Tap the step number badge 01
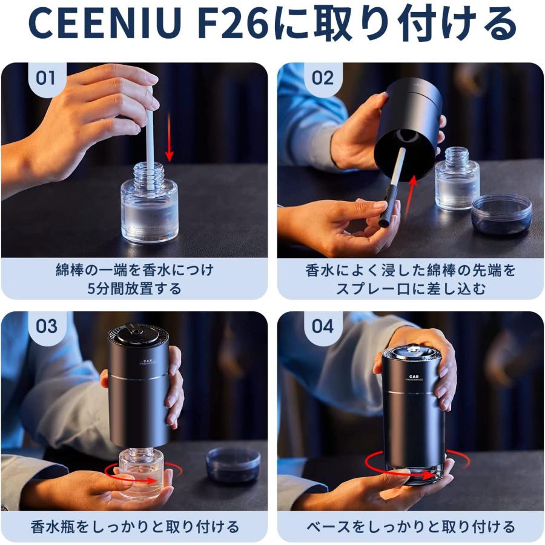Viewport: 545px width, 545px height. click(x=46, y=78)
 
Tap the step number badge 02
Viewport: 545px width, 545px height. click(x=323, y=78)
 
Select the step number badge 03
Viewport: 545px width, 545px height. click(x=46, y=326)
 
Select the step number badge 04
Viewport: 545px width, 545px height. click(x=323, y=326)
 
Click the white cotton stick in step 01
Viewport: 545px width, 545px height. click(x=149, y=133)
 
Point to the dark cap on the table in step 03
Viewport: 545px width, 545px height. click(x=233, y=464)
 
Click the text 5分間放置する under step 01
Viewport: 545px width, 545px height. click(x=134, y=288)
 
